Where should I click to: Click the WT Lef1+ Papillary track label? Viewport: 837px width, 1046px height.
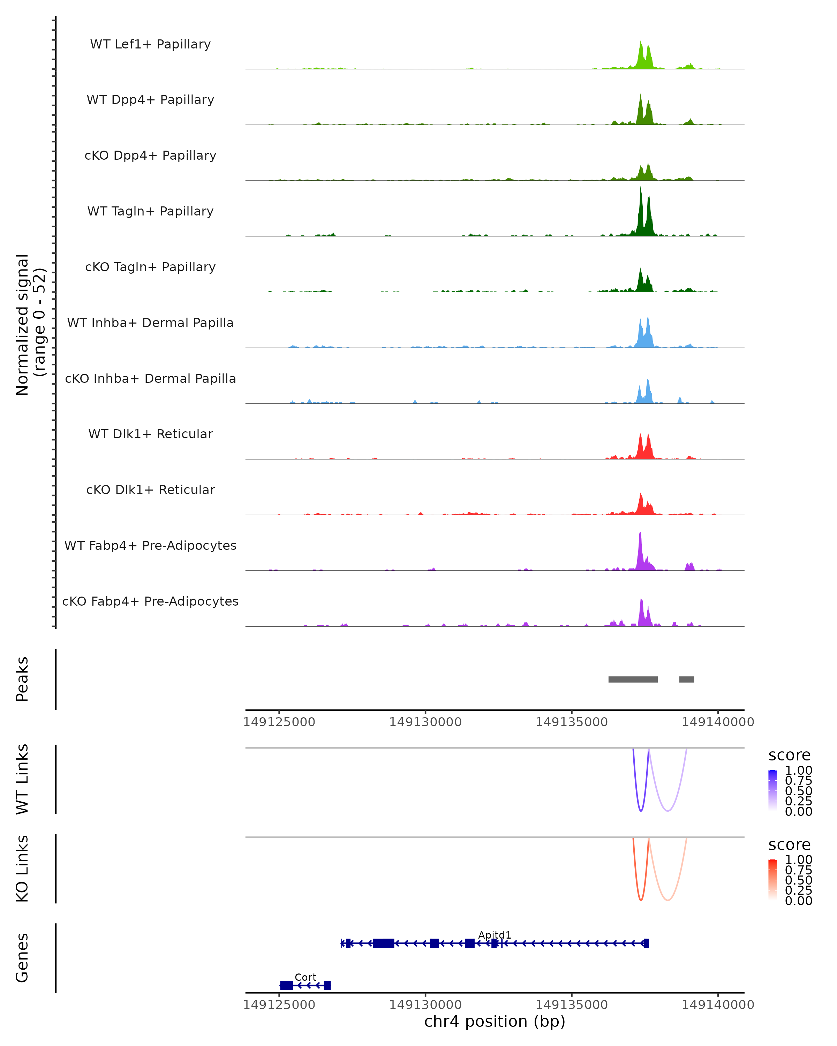[150, 44]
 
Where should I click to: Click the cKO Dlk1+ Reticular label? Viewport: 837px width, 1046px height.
[150, 490]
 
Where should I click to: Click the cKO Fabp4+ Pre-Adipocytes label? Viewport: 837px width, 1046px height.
[150, 601]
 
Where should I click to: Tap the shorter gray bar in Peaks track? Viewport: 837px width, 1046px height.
[687, 679]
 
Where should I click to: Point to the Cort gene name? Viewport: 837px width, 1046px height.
[305, 977]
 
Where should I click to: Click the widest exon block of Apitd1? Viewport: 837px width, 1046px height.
[383, 943]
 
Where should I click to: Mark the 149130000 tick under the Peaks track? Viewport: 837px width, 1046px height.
[425, 722]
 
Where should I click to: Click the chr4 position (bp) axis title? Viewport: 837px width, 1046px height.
[495, 1021]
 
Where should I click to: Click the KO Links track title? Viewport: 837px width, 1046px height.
[22, 869]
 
